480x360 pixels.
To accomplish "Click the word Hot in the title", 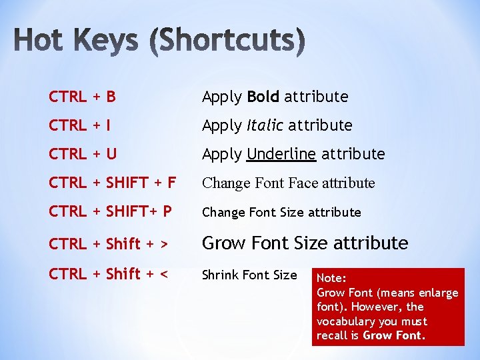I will pos(43,41).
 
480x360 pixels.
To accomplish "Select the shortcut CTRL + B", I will pos(82,97).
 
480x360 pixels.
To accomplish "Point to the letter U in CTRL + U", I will pos(111,154).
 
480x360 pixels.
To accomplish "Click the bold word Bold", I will pos(263,97).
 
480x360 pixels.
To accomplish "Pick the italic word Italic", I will pos(265,125).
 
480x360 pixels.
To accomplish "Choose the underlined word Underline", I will pos(281,154).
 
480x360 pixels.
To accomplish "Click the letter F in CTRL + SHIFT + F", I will pos(172,183).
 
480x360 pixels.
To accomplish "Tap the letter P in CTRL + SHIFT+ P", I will pos(167,212).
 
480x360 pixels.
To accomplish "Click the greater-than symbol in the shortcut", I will pos(163,244).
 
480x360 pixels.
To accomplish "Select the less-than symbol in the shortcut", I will pos(163,274).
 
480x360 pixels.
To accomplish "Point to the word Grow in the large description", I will pos(223,243).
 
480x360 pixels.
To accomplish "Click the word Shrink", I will pos(219,275).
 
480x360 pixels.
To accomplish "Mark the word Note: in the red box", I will pos(332,278).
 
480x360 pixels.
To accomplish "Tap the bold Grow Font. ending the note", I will pos(393,335).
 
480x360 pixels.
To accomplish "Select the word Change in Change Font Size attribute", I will pos(223,213).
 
